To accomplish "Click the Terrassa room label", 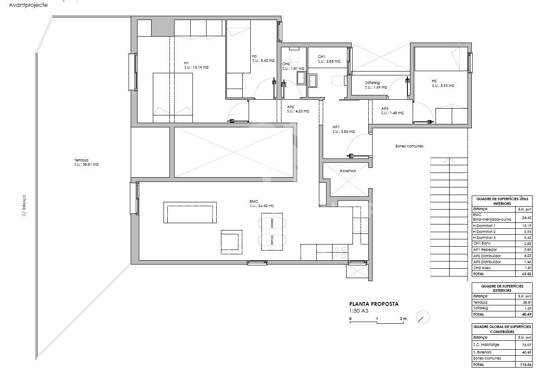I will coord(80,160).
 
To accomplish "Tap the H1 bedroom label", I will coord(187,63).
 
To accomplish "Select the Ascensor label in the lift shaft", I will coord(347,171).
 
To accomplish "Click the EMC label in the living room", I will coord(254,201).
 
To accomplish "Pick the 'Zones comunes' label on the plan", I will coord(409,146).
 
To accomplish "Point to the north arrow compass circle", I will coord(423,317).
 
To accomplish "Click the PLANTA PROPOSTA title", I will coord(374,304).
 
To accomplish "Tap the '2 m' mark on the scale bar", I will coord(403,319).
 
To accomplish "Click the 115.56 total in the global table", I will coord(523,365).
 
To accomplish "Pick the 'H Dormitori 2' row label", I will coord(485,231).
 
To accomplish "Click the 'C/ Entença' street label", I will coord(24,205).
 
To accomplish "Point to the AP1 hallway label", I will coord(336,127).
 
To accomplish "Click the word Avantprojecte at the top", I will coord(28,5).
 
